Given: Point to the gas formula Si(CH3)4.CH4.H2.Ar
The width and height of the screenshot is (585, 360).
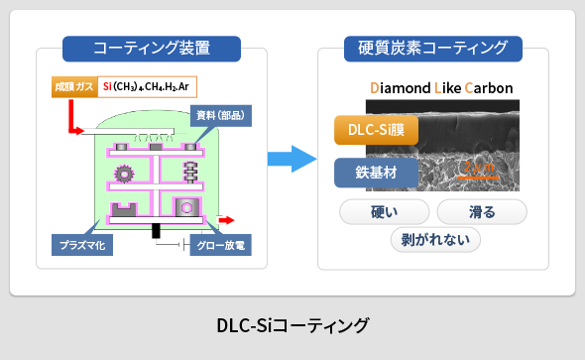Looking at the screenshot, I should pos(146,86).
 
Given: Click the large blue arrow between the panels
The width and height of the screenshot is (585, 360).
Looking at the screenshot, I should pos(292,158).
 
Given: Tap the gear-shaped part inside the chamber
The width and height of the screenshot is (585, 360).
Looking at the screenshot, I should pos(124,175).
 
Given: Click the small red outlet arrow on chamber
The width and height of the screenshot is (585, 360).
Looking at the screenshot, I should pos(226,219).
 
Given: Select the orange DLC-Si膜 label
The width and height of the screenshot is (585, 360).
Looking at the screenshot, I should pos(376,130).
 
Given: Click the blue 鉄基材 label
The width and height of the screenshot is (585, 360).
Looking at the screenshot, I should pos(376,171).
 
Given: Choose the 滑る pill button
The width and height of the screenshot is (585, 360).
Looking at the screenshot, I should pos(481,211).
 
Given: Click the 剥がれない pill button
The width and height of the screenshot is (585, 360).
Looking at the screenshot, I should pos(435,239).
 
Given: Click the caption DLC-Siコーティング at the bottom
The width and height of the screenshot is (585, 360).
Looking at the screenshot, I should pos(292,325).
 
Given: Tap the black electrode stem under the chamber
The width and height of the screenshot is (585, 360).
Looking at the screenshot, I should pos(156,230).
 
